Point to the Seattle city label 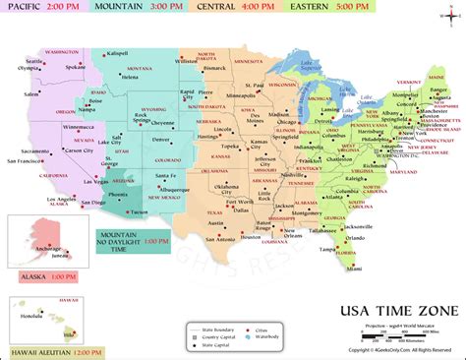pyautogui.click(x=34, y=61)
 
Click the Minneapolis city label pyautogui.click(x=243, y=95)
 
